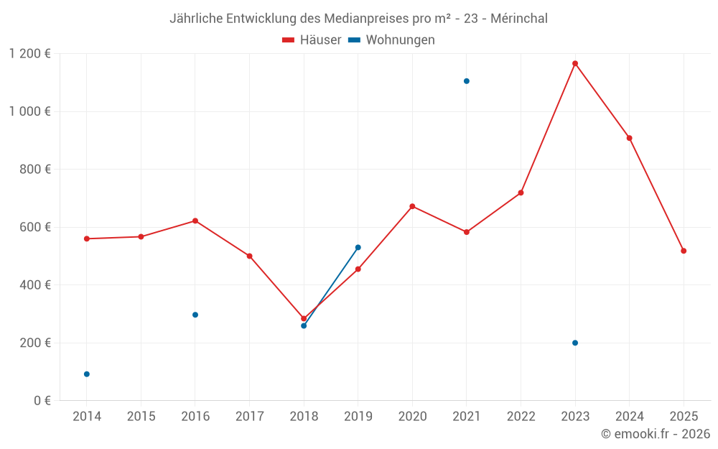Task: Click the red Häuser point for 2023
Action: (575, 63)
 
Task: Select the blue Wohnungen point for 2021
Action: (467, 81)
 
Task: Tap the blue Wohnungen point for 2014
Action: (87, 374)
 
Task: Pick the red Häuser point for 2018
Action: (304, 318)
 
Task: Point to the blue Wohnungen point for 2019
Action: (358, 247)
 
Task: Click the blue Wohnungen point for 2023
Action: (575, 343)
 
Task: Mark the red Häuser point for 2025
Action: (684, 251)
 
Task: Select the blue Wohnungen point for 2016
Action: (195, 315)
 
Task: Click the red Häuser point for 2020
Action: (412, 206)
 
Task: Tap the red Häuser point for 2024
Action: (630, 138)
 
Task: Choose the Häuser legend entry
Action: (312, 40)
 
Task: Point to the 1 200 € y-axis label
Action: (29, 54)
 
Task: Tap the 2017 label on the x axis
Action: (249, 417)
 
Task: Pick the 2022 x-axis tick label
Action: (521, 417)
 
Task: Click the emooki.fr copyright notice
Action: (655, 434)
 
